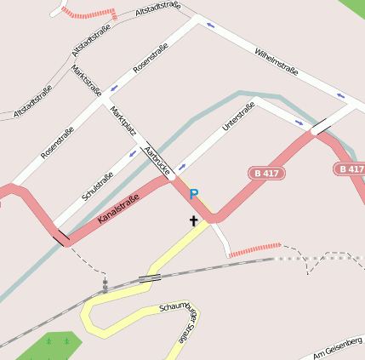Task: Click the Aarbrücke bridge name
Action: [x=159, y=160]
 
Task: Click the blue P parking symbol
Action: [x=194, y=195]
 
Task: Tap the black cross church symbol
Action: [x=193, y=222]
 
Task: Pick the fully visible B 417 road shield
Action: [x=267, y=173]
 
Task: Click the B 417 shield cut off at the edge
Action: [x=351, y=169]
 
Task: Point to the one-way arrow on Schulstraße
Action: [x=134, y=154]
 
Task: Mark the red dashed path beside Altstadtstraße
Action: [x=89, y=14]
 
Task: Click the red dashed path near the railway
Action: [x=254, y=249]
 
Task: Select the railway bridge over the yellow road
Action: [x=151, y=277]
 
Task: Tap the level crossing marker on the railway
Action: [x=105, y=286]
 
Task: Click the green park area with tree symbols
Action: [x=51, y=346]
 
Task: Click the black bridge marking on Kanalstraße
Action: [x=60, y=237]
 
